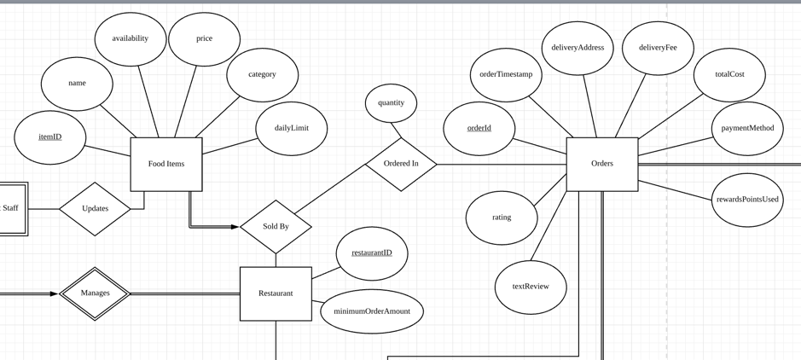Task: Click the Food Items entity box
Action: point(166,164)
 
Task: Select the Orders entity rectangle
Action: point(601,164)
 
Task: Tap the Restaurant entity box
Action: point(276,293)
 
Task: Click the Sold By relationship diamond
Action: point(276,227)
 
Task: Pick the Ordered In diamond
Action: point(401,164)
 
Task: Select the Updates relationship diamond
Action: point(95,209)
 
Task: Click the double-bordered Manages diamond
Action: point(95,293)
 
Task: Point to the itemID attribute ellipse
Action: point(50,137)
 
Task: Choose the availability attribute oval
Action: point(131,39)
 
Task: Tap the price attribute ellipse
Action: point(204,39)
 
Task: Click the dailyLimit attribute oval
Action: point(291,129)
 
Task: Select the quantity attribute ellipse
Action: point(391,103)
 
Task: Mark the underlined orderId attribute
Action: point(479,129)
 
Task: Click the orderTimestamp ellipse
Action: point(506,75)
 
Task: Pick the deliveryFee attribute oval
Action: point(658,49)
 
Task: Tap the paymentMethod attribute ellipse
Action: point(747,129)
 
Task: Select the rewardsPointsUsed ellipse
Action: point(747,200)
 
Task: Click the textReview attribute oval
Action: point(531,287)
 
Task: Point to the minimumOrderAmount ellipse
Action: point(372,311)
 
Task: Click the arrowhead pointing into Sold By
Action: point(235,227)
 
